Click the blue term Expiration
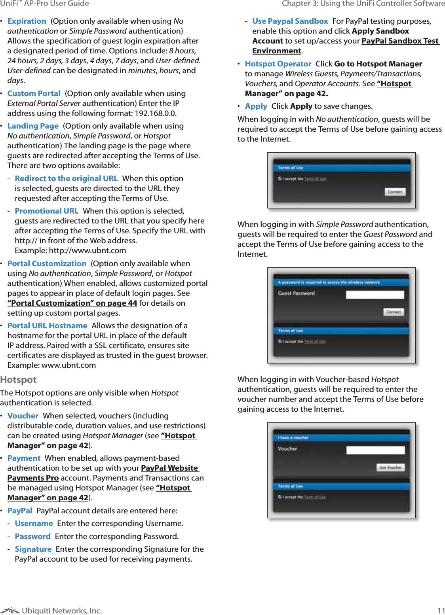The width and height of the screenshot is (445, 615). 27,21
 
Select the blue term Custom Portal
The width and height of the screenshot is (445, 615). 34,94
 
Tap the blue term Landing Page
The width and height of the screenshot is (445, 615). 33,126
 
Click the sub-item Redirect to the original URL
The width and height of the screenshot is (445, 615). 66,179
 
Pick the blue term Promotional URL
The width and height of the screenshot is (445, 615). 46,211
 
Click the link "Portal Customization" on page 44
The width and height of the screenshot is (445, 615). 72,303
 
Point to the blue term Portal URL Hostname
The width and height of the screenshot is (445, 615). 47,326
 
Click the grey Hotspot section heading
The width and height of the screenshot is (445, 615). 18,380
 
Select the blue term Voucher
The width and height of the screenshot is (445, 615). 23,416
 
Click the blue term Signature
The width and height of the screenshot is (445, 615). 33,549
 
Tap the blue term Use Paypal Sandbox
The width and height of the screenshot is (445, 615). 290,21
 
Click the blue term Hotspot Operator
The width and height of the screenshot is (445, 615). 278,64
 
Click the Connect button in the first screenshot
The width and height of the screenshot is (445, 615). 395,192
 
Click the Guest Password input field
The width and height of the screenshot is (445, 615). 375,295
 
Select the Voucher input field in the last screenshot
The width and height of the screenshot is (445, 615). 375,450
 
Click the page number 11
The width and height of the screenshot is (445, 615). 441,611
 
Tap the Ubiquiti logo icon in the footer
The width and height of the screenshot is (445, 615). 10,611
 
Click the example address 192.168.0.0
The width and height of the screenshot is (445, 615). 156,114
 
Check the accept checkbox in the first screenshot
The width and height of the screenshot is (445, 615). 280,179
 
